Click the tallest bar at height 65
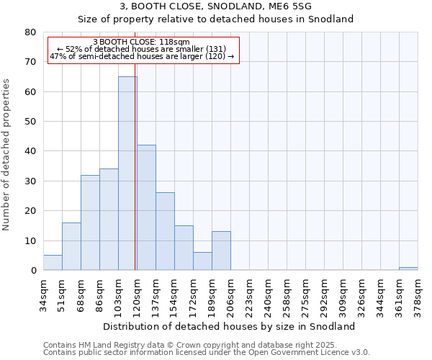[x=127, y=174]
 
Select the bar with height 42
[x=146, y=207]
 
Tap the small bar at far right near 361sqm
[x=408, y=269]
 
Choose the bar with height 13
[x=221, y=251]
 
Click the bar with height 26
[x=165, y=231]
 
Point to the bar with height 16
[x=71, y=246]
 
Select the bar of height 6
[x=202, y=261]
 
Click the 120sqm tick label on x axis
[x=137, y=293]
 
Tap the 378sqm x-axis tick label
[x=418, y=293]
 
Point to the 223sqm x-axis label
[x=249, y=293]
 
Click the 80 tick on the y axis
[x=31, y=32]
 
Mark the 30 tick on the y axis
[x=31, y=181]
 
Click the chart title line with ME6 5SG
[x=215, y=6]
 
